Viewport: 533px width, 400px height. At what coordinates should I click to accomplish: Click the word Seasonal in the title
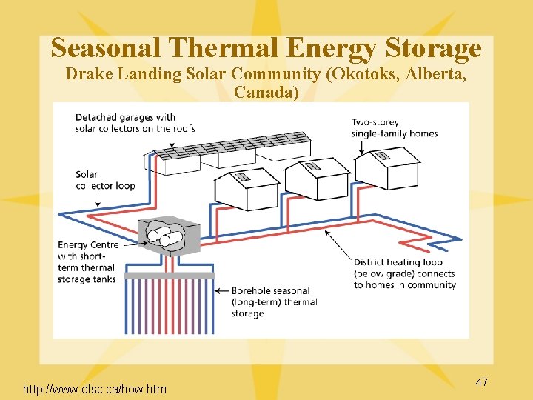point(105,48)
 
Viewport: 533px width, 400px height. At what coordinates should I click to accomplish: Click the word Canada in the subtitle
point(264,92)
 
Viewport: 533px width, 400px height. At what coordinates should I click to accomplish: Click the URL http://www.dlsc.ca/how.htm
point(95,389)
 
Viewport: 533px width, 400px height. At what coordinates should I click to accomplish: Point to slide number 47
point(481,382)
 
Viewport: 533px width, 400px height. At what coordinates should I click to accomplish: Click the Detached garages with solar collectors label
point(135,122)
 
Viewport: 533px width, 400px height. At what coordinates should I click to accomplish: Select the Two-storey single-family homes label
point(394,127)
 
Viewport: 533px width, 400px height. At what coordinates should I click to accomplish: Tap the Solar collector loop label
point(104,180)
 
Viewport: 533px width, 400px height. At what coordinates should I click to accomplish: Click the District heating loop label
point(403,273)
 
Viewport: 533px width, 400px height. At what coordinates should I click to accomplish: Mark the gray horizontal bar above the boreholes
point(170,276)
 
